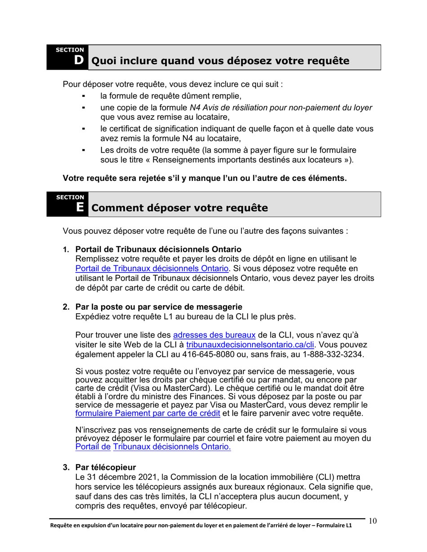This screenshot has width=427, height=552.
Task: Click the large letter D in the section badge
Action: point(79,60)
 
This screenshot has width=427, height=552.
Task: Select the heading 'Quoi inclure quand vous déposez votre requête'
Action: point(220,61)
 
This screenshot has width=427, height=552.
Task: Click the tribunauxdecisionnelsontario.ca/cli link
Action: point(251,345)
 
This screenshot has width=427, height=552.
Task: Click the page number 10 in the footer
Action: point(373,521)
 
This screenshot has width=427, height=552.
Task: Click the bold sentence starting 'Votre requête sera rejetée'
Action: point(205,178)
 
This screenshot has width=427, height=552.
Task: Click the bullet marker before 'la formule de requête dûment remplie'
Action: point(83,96)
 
